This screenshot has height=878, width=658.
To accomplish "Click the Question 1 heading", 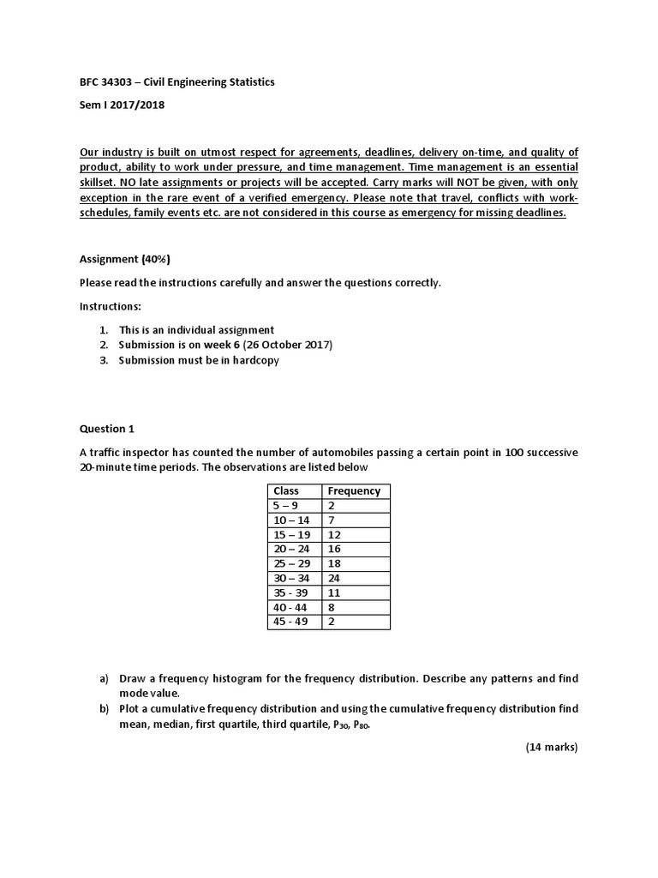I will [x=107, y=429].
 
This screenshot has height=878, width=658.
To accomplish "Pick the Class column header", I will [x=285, y=491].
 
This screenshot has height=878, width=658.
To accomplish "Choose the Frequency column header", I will [x=354, y=491].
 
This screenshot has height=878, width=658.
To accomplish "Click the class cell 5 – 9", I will [x=284, y=506].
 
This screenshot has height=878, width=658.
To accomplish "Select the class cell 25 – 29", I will [x=290, y=563].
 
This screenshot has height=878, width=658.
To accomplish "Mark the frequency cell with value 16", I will [x=334, y=549].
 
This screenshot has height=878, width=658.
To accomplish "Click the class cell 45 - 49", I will [x=290, y=622].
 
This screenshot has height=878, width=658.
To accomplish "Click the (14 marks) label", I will [x=552, y=747].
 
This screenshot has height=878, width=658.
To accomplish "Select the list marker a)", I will [x=105, y=678].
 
